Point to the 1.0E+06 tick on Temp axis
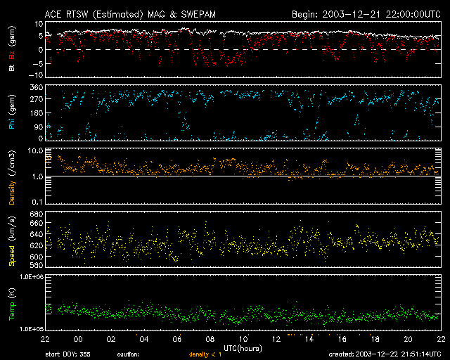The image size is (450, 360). [31, 277]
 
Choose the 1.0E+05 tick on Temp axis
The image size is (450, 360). [31, 328]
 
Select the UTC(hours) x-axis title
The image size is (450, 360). [243, 347]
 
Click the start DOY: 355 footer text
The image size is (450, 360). [68, 355]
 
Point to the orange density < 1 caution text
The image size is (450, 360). [207, 355]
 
